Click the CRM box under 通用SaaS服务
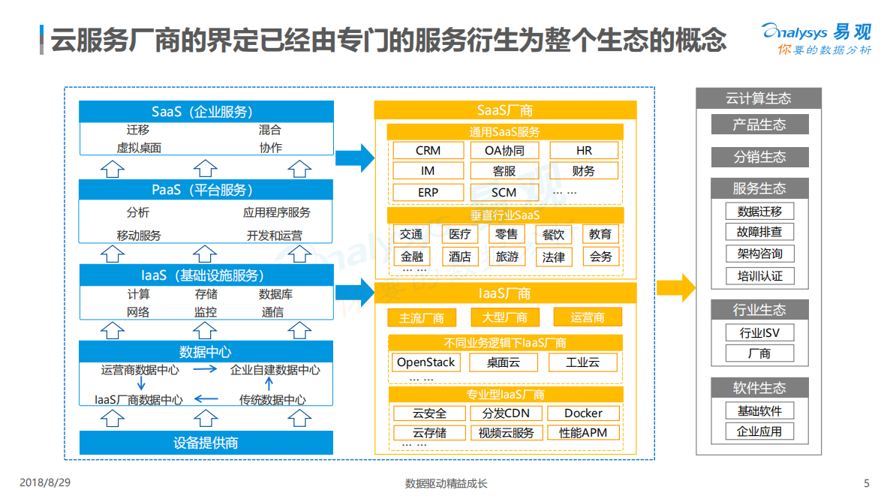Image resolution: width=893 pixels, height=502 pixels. tap(428, 151)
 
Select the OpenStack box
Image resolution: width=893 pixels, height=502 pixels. tap(426, 362)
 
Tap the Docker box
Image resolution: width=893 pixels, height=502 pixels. tap(583, 413)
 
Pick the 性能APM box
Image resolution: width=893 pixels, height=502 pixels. tap(583, 433)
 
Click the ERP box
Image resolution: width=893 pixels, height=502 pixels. tap(428, 192)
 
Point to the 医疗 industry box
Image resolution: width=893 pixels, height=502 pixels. tap(459, 235)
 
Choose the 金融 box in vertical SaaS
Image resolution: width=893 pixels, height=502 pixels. tap(412, 257)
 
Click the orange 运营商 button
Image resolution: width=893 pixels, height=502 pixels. tap(588, 317)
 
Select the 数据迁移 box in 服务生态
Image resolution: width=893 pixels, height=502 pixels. tap(759, 212)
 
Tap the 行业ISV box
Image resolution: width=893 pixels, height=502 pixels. tap(759, 332)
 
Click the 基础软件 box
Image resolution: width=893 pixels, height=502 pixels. tap(759, 411)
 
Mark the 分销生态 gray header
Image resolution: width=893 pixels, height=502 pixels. tap(759, 157)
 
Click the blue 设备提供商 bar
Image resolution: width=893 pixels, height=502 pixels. tap(206, 443)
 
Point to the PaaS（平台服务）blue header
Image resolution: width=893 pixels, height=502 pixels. tap(206, 190)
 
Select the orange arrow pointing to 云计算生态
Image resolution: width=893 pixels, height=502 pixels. tap(676, 287)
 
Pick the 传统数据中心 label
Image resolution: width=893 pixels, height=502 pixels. tap(272, 400)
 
